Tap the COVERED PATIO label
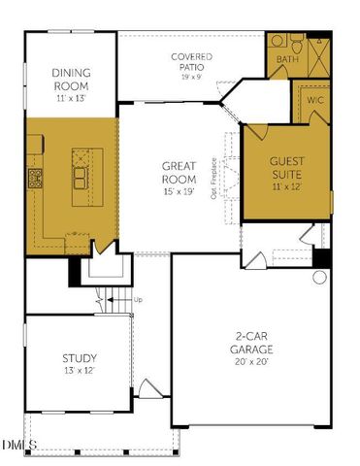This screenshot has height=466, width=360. tap(191, 61)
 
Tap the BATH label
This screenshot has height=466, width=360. tap(286, 60)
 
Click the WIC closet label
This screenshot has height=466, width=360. tap(314, 101)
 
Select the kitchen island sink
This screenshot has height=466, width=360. tap(79, 179)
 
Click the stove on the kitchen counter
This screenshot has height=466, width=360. tap(35, 177)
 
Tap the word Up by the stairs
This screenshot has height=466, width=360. tap(137, 300)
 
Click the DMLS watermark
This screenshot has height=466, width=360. tap(18, 446)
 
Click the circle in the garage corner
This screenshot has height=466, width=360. tap(319, 278)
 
